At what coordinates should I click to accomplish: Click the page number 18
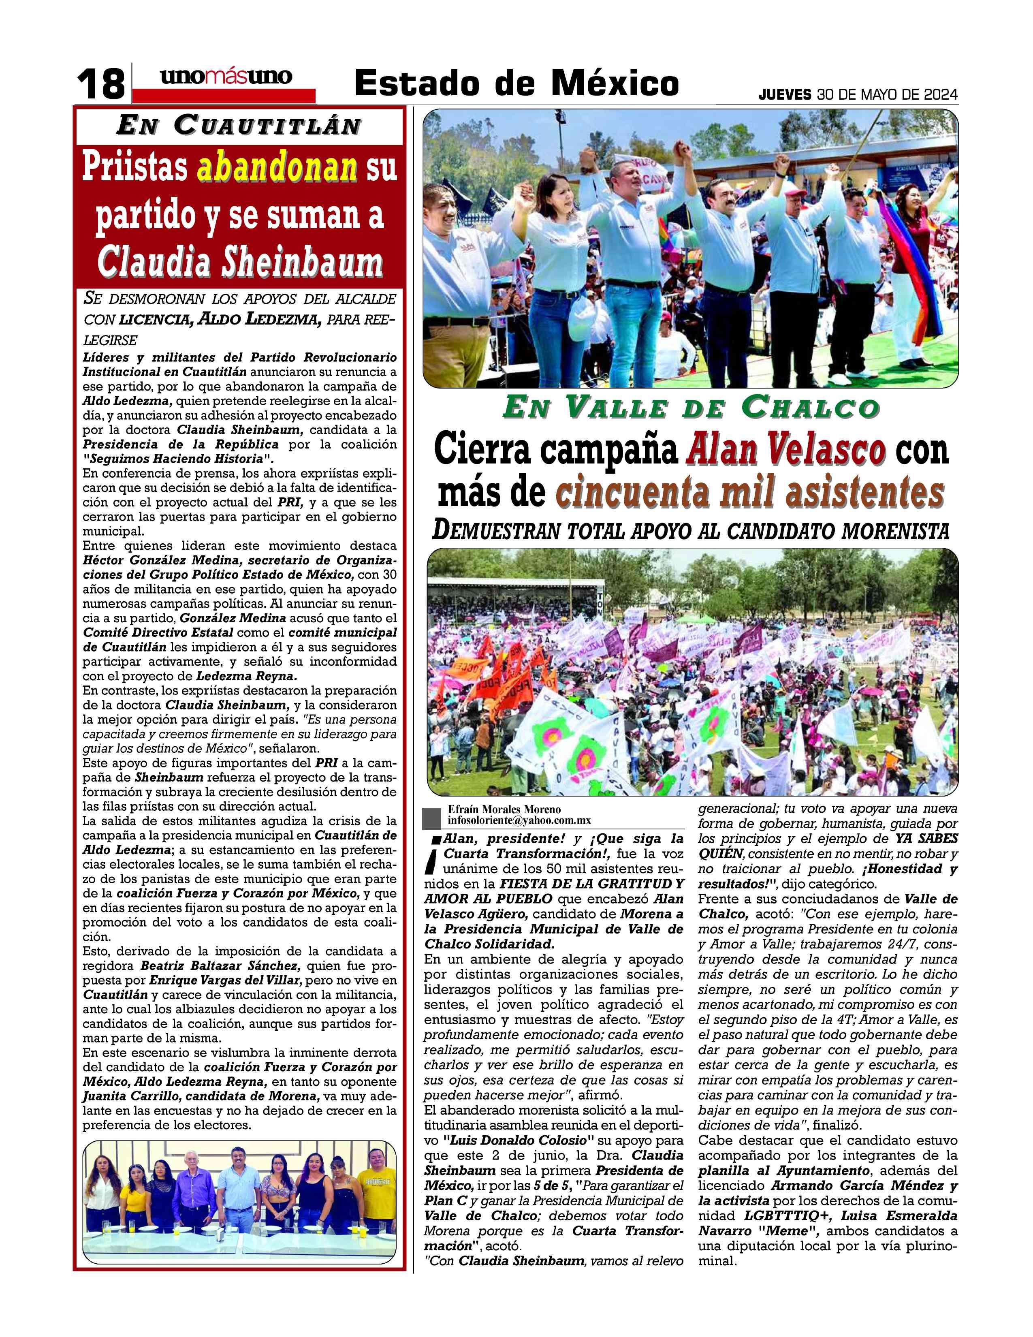tap(101, 84)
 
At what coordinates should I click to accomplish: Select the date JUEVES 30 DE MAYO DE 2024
tap(858, 95)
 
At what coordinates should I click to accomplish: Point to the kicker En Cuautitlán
tap(238, 126)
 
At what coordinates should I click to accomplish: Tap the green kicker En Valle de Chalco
tap(691, 408)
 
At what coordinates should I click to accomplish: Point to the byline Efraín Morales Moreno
tap(504, 809)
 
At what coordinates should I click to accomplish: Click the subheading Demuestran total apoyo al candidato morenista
tap(691, 531)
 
